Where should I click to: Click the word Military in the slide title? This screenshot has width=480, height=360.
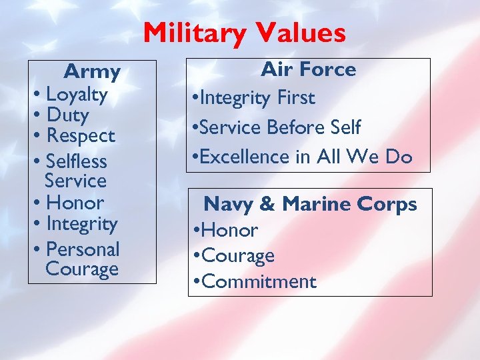[x=190, y=33]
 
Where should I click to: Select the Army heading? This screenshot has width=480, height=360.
[x=92, y=71]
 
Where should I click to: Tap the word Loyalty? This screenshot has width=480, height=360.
[x=77, y=95]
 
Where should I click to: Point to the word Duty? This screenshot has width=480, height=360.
[x=67, y=115]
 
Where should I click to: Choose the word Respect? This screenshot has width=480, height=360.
[x=81, y=136]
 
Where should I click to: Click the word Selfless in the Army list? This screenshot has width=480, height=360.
[x=77, y=161]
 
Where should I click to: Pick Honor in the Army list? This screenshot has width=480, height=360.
[x=75, y=203]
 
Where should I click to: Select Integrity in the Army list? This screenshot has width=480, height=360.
[x=81, y=224]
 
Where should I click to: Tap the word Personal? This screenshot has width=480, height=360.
[x=83, y=249]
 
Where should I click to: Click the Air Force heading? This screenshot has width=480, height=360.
[x=308, y=69]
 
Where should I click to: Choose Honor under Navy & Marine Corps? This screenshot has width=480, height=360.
[x=229, y=231]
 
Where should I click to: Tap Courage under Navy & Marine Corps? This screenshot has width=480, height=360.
[x=237, y=256]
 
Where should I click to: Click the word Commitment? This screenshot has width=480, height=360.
[x=258, y=281]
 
